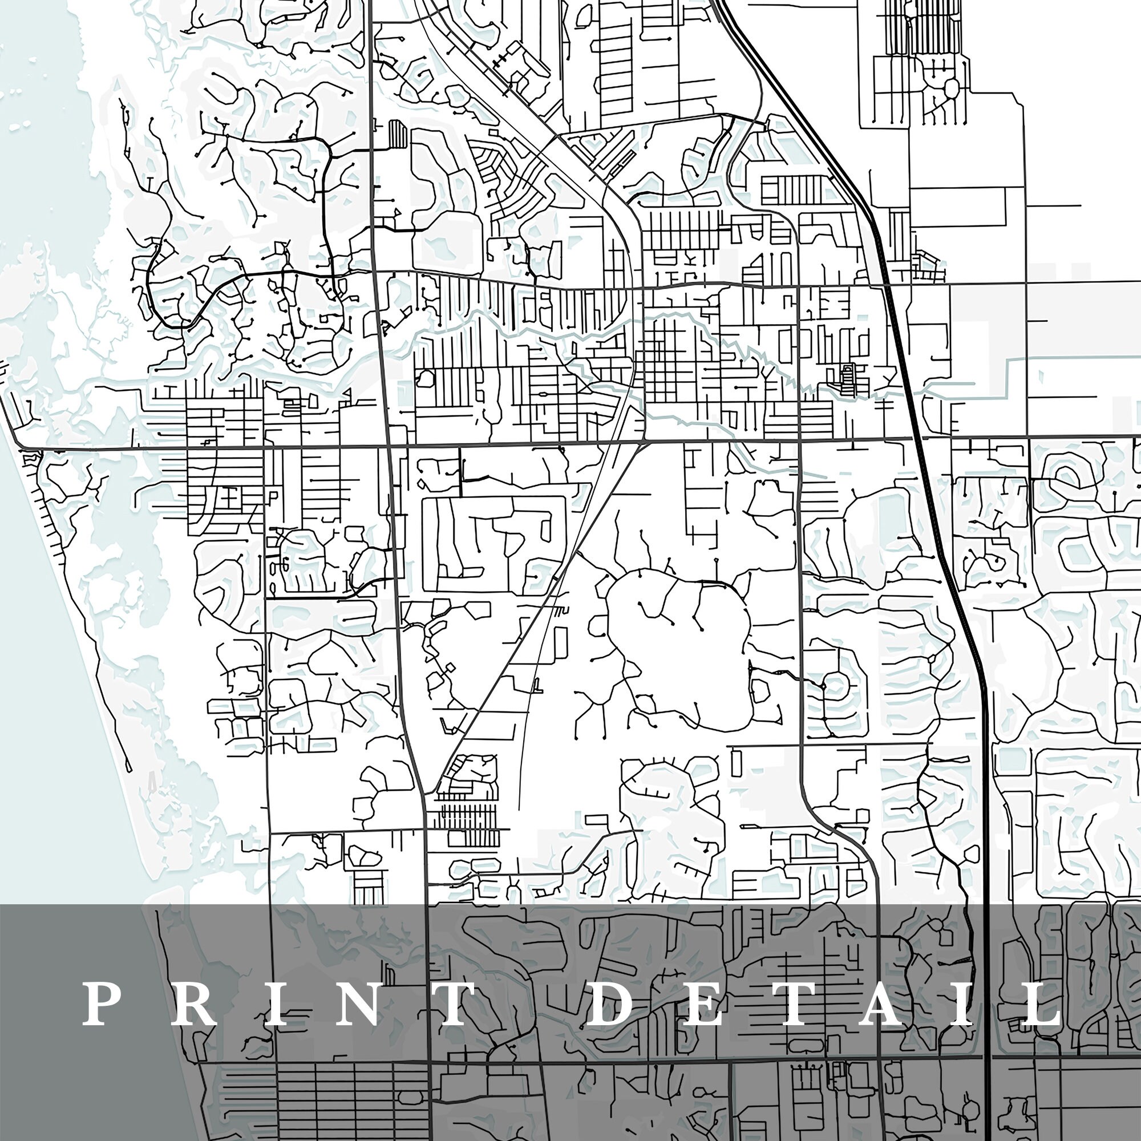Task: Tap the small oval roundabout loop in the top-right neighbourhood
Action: pos(952,89)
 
